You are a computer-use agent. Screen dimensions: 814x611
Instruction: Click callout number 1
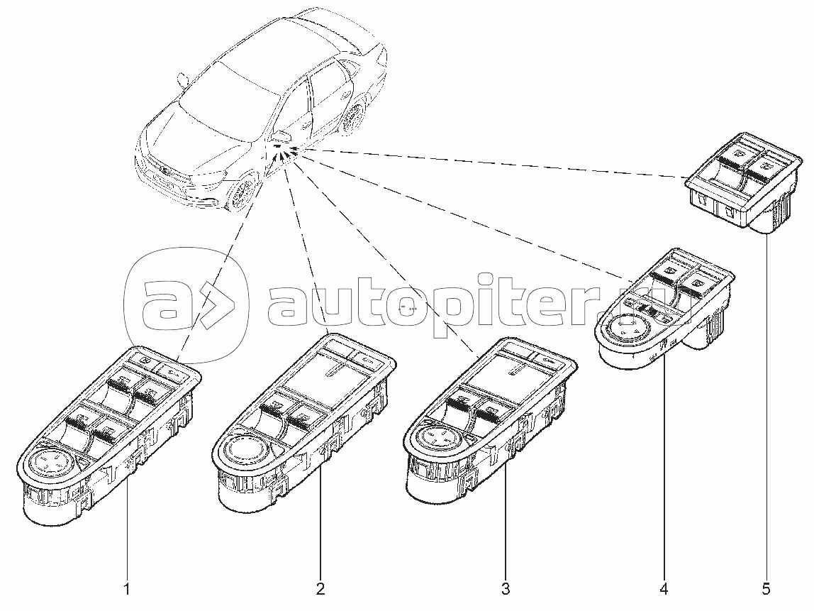pos(127,590)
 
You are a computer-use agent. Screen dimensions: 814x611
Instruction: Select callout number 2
pos(320,590)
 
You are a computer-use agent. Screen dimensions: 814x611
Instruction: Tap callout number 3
pos(505,590)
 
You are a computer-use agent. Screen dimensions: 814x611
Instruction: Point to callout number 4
pos(664,590)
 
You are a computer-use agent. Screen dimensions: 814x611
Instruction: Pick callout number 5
pos(766,590)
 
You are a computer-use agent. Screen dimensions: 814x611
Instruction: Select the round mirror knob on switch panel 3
pos(435,437)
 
